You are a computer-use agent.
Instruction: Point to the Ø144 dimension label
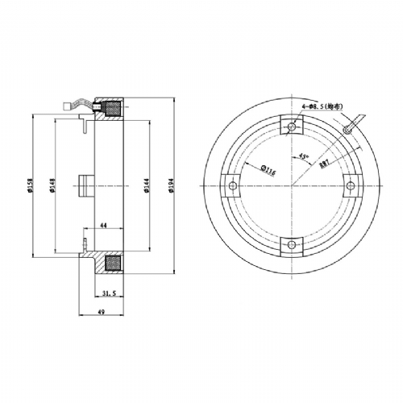tap(147, 186)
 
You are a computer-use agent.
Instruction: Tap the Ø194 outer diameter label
tap(170, 186)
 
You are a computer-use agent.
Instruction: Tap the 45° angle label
tap(303, 157)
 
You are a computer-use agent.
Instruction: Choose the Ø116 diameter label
tap(260, 170)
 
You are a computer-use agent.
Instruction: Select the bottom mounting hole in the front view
tap(289, 246)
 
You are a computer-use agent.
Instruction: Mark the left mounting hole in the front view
tap(232, 185)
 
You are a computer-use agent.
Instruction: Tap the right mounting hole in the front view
tap(350, 185)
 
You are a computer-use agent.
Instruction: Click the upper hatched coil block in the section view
tap(112, 109)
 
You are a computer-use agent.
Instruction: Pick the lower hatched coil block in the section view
tap(112, 264)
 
